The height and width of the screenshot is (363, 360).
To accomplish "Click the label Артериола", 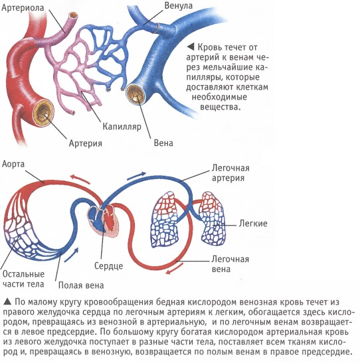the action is click(x=23, y=8).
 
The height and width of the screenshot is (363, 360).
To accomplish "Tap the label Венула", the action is click(x=179, y=5).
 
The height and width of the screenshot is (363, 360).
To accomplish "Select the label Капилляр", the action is click(x=122, y=126).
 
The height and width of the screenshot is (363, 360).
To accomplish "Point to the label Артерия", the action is click(x=86, y=143).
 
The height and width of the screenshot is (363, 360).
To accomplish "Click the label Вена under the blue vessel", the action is click(x=163, y=143).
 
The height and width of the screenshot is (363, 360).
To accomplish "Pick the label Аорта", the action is click(x=13, y=164).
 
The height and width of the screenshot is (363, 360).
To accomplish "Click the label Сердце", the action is click(x=108, y=265).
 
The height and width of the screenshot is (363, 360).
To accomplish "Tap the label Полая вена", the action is click(x=81, y=285).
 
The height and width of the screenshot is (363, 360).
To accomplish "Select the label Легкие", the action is click(x=253, y=224).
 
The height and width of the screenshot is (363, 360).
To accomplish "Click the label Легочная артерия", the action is click(x=230, y=173).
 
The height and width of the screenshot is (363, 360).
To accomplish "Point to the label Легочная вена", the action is click(x=230, y=264).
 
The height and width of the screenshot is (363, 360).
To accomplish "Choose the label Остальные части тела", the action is click(x=23, y=279).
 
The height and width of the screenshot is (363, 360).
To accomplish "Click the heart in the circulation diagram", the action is click(x=103, y=220).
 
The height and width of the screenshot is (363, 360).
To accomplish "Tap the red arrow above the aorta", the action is click(x=80, y=179).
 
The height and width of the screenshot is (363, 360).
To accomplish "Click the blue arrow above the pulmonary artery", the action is click(x=136, y=175).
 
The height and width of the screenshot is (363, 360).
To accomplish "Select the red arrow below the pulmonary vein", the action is click(x=175, y=268).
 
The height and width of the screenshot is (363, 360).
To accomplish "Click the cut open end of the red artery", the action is click(x=43, y=113).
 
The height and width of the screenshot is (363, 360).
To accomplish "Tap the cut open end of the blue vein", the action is click(x=137, y=94).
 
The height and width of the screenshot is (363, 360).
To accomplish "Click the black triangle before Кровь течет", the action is click(x=190, y=47).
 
